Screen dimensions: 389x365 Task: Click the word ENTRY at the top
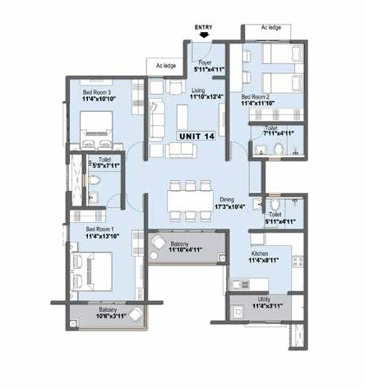click(x=203, y=26)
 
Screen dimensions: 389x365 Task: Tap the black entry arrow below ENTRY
click(x=203, y=35)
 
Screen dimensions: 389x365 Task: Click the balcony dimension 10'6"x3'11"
click(x=109, y=316)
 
